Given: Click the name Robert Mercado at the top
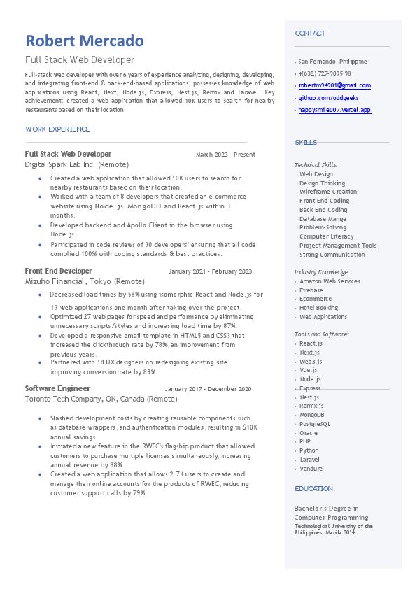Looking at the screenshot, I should click(x=85, y=41).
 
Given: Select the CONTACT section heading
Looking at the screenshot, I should click(x=310, y=34).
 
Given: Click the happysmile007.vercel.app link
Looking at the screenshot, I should click(x=334, y=110).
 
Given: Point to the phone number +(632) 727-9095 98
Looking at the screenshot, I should click(x=325, y=73).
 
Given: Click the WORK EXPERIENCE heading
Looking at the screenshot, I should click(x=57, y=129).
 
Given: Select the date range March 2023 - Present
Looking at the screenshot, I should click(x=225, y=155).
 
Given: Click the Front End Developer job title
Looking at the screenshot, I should click(x=58, y=271).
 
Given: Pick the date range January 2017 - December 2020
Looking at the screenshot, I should click(x=208, y=389).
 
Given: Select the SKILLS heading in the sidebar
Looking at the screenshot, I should click(x=306, y=143).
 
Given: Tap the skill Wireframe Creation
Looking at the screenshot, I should click(x=327, y=192).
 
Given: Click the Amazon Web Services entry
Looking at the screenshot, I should click(x=330, y=281).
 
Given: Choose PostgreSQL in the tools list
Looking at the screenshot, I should click(x=315, y=424).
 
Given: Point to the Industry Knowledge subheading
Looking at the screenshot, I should click(x=322, y=271).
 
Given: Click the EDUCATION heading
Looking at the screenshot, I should click(x=313, y=489).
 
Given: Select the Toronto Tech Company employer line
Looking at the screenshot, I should click(x=101, y=399).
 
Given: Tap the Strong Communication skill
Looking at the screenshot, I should click(x=332, y=255).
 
